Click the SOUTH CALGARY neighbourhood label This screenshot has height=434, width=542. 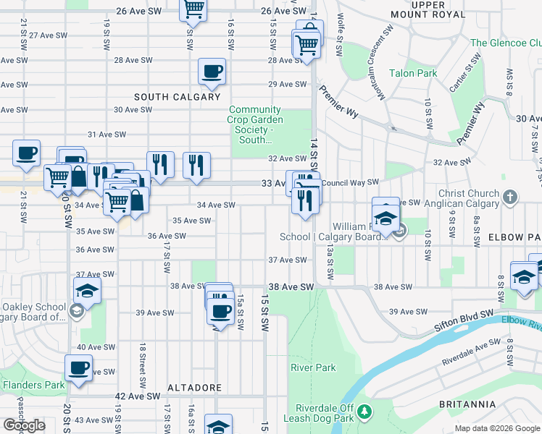(x=177, y=97)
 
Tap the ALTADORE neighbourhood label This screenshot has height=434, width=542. (x=194, y=388)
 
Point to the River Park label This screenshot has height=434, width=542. (x=313, y=367)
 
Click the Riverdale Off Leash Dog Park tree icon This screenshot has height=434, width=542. (x=365, y=412)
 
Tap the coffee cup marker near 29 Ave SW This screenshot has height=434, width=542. (x=212, y=72)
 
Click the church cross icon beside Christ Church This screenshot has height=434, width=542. (x=510, y=196)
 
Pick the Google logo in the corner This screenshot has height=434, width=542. (x=24, y=425)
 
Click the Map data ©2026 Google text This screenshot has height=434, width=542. (x=497, y=428)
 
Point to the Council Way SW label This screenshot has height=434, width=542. (x=351, y=182)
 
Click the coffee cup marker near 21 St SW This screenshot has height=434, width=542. (x=26, y=153)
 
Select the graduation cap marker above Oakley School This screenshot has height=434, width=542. (x=87, y=291)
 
